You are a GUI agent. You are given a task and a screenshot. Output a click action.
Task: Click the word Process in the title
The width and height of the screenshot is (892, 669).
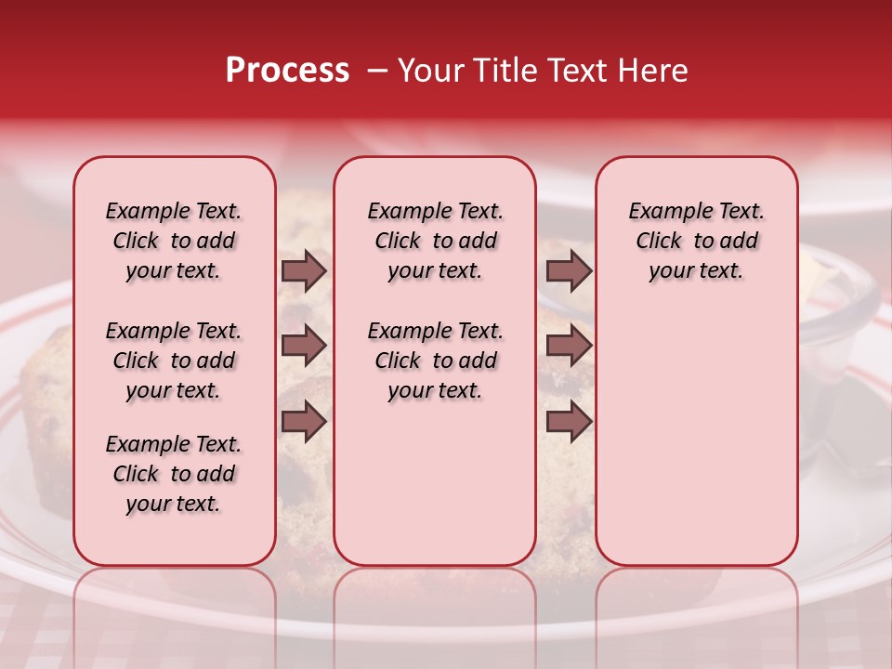point(287,71)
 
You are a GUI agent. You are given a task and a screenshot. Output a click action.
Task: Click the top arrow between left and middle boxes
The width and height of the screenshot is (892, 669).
point(304,270)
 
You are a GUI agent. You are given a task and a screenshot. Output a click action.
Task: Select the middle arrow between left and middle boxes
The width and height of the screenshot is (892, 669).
point(304,346)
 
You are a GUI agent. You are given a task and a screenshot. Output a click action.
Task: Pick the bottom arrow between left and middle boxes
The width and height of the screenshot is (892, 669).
point(304,421)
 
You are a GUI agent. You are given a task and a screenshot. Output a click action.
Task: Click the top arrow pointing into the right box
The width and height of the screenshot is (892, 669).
point(569,270)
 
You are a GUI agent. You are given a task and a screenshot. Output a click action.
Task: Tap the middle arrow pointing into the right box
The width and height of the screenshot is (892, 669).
point(569,346)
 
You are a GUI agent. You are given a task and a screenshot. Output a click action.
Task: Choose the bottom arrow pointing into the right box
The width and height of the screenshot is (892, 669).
point(569,421)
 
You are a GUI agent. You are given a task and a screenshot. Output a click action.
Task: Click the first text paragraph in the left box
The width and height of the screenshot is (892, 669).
point(174,241)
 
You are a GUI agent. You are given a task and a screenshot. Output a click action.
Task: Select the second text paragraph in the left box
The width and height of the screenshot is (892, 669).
point(174,361)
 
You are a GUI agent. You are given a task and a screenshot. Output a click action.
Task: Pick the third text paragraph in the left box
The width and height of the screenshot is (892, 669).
point(174,474)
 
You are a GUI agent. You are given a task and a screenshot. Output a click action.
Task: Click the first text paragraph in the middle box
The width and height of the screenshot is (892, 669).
point(435,241)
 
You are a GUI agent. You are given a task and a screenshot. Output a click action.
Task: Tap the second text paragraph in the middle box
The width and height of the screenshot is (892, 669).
point(435,361)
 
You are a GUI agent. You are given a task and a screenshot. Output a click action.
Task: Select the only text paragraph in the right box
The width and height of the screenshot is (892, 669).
point(696,241)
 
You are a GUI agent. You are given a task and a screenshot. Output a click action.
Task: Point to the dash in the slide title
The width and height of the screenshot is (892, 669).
point(377,71)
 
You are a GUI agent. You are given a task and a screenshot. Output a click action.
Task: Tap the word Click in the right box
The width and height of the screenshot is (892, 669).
point(659,242)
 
